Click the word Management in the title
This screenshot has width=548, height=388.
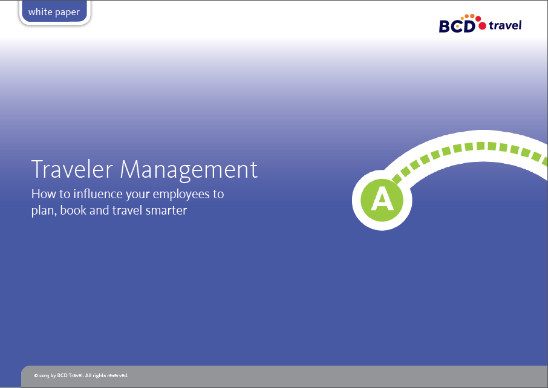pos(189,169)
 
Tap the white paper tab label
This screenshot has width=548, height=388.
pos(54,12)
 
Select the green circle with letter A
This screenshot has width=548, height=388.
pos(382,198)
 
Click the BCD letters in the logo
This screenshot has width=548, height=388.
pos(457,25)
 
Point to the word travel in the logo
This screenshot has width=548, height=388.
pos(504,25)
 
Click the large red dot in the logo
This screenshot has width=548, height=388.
pos(481,25)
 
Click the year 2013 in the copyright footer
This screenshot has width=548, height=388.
pos(44,375)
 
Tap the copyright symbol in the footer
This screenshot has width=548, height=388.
pos(36,375)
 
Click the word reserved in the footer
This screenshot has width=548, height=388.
pos(117,375)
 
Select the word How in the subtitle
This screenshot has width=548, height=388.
pos(42,195)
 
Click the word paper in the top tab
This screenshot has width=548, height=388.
pos(66,12)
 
